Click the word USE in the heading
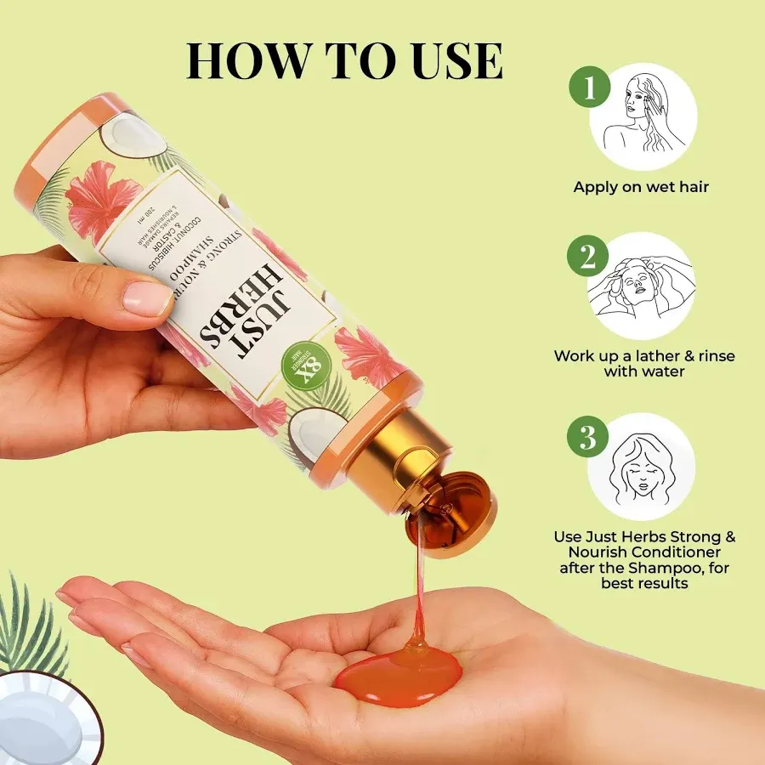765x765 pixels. pyautogui.click(x=449, y=59)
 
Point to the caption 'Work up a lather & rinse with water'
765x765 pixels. pyautogui.click(x=643, y=364)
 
